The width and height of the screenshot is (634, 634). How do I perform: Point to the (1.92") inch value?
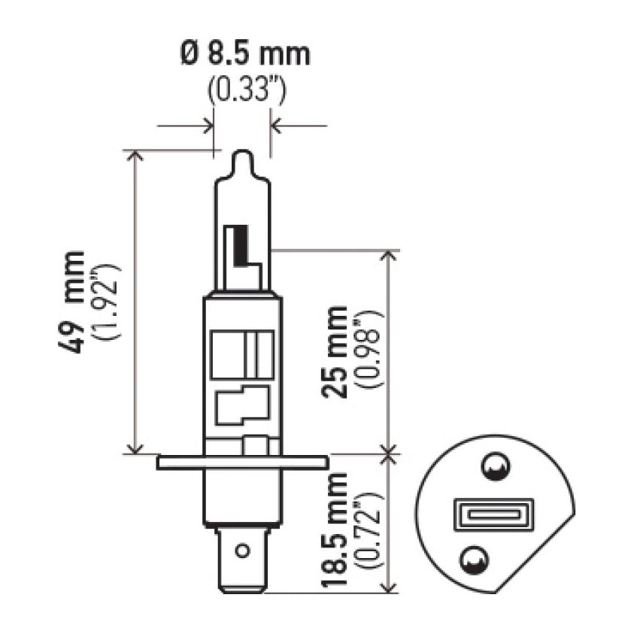(105, 302)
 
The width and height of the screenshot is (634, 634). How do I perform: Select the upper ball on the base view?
(495, 469)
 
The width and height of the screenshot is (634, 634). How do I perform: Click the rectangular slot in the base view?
(493, 517)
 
